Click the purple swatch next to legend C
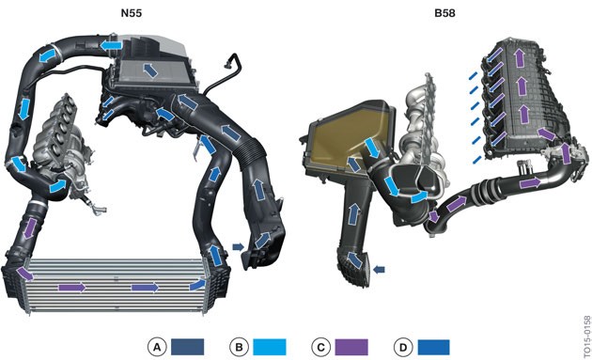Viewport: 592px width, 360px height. [x=352, y=346]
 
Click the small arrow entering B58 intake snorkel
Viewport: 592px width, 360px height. [x=378, y=271]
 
